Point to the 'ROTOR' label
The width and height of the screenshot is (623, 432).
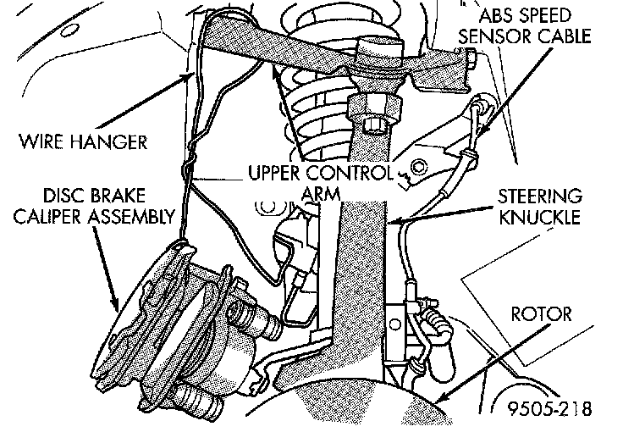point(542,315)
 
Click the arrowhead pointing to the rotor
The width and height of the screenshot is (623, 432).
point(440,396)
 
